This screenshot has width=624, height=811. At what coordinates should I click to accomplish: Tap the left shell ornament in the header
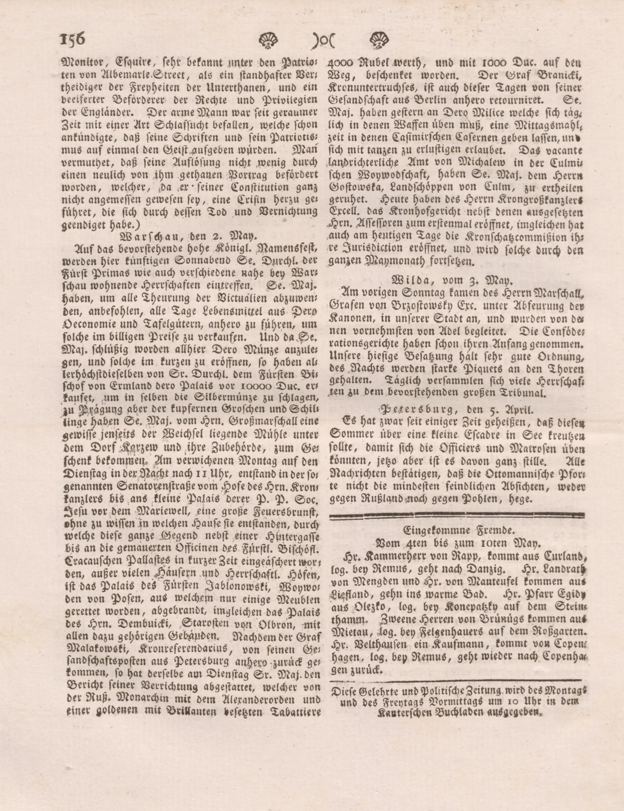(268, 40)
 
